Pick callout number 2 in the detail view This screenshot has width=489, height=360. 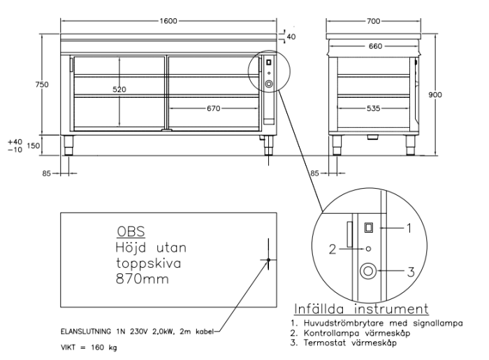[333, 247]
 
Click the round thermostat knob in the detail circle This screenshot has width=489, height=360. [366, 271]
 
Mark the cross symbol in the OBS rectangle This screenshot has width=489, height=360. [268, 260]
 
